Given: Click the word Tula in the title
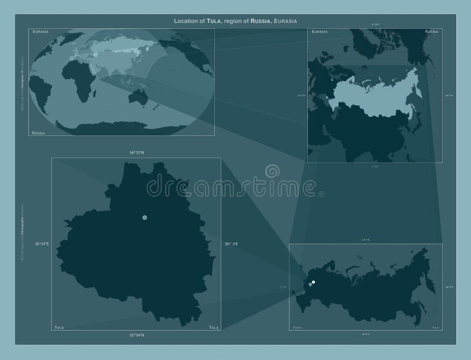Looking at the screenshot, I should click(214, 21).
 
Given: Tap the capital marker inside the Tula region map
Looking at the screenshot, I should click(145, 218).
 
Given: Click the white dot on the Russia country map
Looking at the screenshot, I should click(313, 282).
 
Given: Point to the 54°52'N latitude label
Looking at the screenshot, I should click(137, 152).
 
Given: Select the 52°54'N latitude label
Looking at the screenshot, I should click(137, 335).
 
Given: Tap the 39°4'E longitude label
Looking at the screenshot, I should click(230, 244).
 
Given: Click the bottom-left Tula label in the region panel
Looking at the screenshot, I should click(58, 326).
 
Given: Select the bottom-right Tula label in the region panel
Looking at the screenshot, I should click(214, 326).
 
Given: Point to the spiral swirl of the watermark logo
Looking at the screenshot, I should click(273, 171).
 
